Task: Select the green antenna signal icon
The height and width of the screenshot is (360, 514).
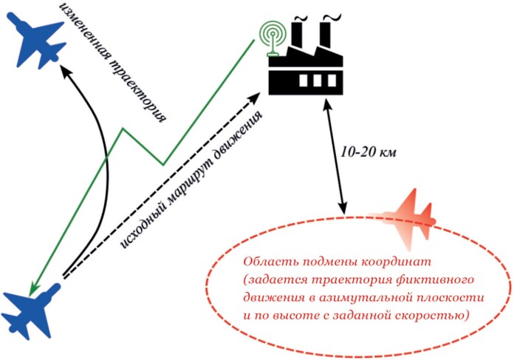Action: [271, 33]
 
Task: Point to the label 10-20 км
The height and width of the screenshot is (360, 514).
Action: [369, 153]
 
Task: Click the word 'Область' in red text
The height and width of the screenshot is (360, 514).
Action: [269, 262]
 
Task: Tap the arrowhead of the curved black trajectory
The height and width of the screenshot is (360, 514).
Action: [64, 71]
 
